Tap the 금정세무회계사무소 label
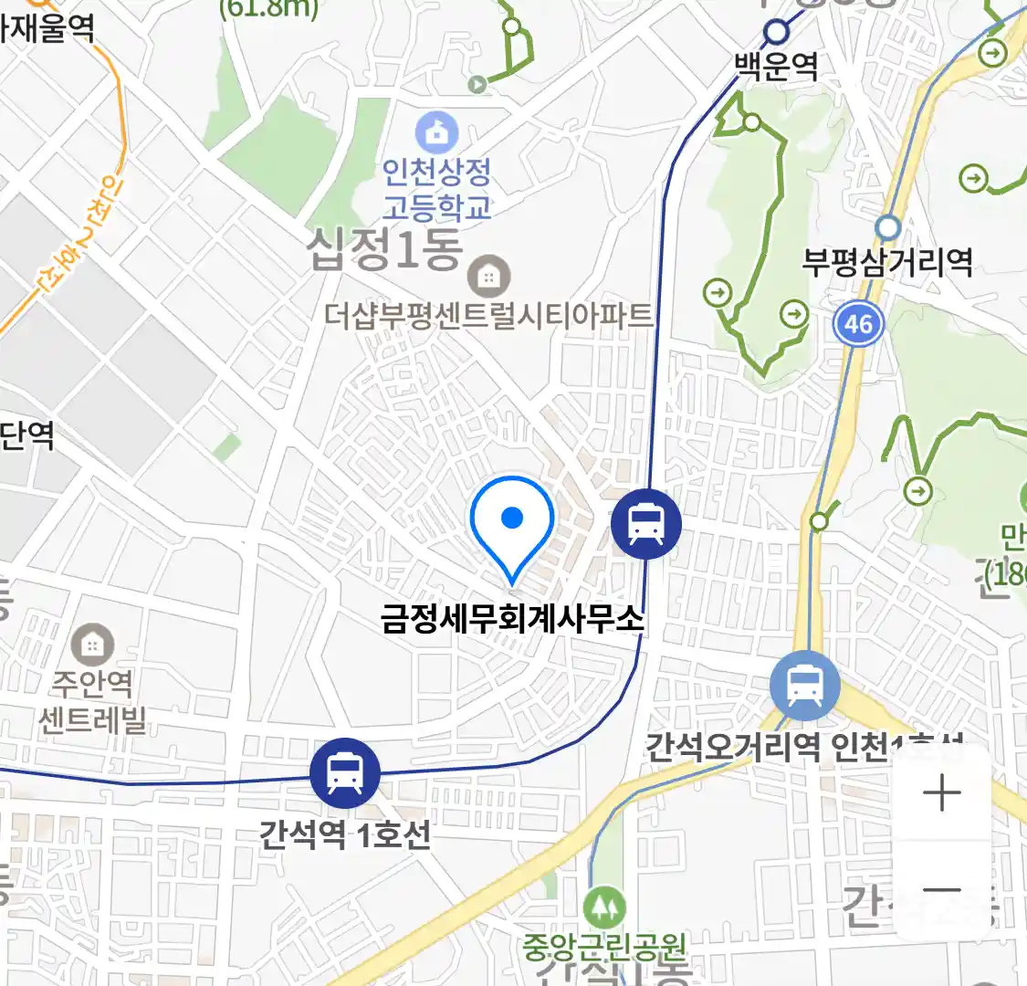click(x=512, y=618)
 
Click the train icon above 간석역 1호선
click(x=344, y=773)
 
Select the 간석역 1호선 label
click(x=344, y=834)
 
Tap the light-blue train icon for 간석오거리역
click(x=804, y=686)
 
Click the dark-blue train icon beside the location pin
click(x=646, y=524)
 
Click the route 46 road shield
click(x=858, y=323)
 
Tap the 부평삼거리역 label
click(x=887, y=263)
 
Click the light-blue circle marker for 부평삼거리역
click(x=887, y=227)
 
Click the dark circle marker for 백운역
click(x=776, y=33)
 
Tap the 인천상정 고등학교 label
click(x=436, y=189)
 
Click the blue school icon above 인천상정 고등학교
click(x=437, y=133)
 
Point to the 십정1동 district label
click(x=384, y=249)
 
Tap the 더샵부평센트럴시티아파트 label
click(x=489, y=316)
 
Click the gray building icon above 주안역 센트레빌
click(x=91, y=645)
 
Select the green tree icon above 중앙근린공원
click(x=603, y=908)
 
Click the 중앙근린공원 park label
click(x=603, y=945)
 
